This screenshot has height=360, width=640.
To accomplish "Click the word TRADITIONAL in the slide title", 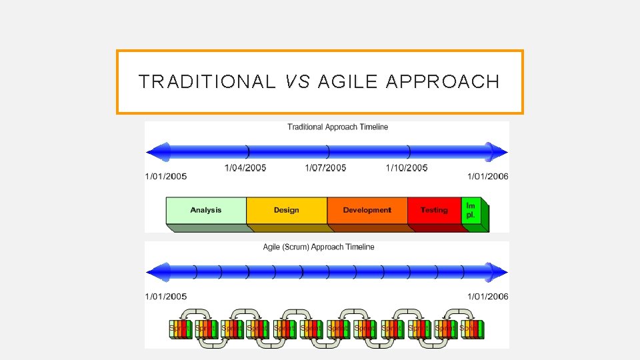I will (x=206, y=82).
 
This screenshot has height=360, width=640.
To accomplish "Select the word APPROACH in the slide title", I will (x=442, y=82).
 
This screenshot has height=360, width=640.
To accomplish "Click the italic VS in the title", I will (x=297, y=82).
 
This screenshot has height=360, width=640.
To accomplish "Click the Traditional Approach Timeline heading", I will (x=337, y=127).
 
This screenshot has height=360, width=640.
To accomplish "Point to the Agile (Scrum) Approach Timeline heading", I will (x=319, y=247).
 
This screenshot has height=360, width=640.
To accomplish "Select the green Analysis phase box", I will (x=206, y=210).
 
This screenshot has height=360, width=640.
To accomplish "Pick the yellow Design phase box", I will (x=287, y=210).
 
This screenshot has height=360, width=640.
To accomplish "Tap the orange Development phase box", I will (x=367, y=210).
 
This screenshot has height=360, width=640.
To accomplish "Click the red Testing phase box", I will (x=434, y=210).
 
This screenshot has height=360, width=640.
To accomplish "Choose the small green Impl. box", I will (x=471, y=210).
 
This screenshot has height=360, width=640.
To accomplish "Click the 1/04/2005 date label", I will (x=245, y=168).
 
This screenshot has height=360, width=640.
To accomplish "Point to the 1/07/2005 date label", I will (x=325, y=168).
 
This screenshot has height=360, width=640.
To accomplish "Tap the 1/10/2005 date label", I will (x=407, y=168).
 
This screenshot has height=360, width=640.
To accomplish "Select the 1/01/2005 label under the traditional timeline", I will (x=166, y=177).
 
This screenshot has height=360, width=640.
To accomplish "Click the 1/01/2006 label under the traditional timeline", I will (x=488, y=177).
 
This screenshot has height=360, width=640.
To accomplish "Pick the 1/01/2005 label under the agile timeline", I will (x=166, y=297).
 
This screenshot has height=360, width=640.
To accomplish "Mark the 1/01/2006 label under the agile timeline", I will (x=488, y=297).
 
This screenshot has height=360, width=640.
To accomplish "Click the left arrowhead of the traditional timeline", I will (x=155, y=152).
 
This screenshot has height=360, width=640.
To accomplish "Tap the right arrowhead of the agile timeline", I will (x=497, y=272).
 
